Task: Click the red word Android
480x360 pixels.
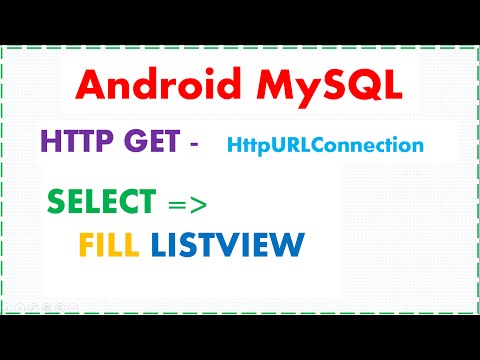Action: click(146, 89)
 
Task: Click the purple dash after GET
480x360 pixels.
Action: click(193, 145)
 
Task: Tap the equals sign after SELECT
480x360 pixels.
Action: click(174, 205)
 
